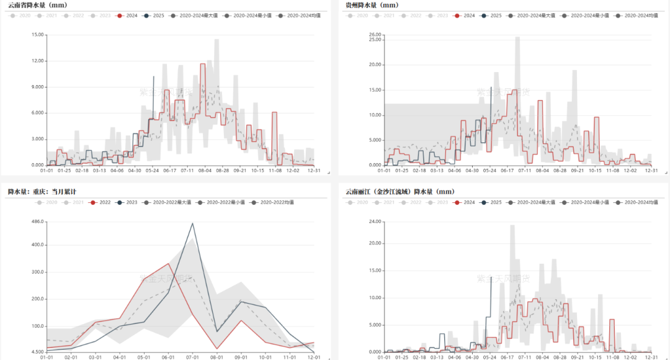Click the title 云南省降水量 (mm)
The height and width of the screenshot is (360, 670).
coord(37,5)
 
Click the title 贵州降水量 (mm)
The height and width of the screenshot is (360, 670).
coord(372,5)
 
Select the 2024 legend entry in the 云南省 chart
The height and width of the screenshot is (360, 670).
coord(128,15)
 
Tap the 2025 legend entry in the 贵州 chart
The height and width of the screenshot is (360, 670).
coord(492,15)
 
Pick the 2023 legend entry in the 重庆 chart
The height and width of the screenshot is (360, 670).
coord(127,202)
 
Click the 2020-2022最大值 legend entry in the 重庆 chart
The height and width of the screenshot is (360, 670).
coord(171,202)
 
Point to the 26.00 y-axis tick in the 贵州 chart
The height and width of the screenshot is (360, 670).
coord(375,35)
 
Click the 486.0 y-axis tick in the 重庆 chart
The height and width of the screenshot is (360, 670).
coord(37,222)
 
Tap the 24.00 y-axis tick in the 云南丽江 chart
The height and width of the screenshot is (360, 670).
coord(375,222)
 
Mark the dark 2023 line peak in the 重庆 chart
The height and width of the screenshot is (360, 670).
coord(192,223)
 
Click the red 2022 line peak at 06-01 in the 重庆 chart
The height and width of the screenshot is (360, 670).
coord(168,264)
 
